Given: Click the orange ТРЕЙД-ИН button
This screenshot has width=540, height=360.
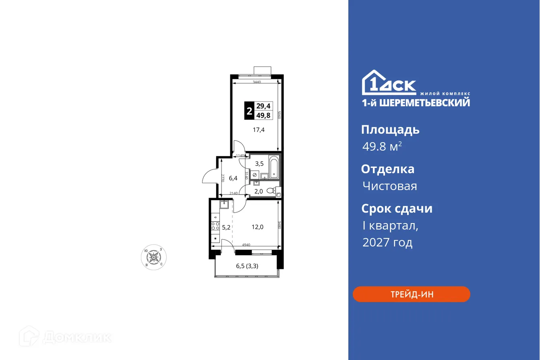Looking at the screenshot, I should pyautogui.click(x=411, y=294).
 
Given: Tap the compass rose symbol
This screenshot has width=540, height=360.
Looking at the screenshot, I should pyautogui.click(x=153, y=256).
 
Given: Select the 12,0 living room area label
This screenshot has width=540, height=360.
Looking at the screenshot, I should pyautogui.click(x=257, y=227).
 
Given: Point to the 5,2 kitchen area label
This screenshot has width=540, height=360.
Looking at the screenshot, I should pyautogui.click(x=226, y=227).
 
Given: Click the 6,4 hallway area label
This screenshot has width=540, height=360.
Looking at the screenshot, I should pyautogui.click(x=233, y=178).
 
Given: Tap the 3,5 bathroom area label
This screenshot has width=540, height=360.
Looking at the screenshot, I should pyautogui.click(x=259, y=163).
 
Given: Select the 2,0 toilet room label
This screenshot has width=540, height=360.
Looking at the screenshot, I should pyautogui.click(x=259, y=192).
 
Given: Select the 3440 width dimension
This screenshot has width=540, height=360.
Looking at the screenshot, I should pyautogui.click(x=257, y=82).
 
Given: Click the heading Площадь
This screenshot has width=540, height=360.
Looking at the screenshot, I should pyautogui.click(x=390, y=130).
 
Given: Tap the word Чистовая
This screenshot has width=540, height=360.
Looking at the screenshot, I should pyautogui.click(x=389, y=186).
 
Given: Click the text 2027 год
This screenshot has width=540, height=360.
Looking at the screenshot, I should pyautogui.click(x=387, y=242).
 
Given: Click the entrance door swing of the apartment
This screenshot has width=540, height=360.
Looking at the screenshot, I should pyautogui.click(x=210, y=177).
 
